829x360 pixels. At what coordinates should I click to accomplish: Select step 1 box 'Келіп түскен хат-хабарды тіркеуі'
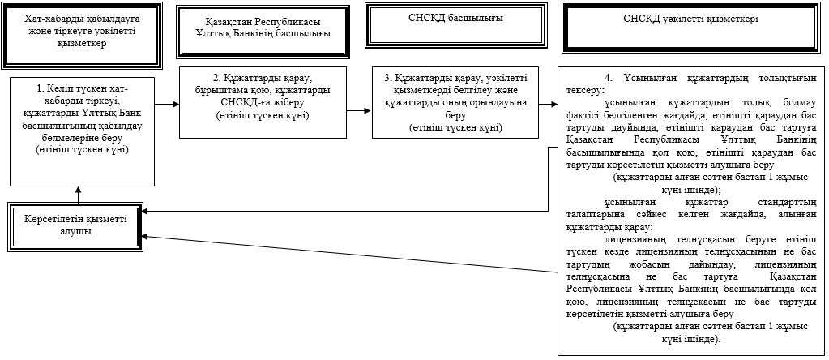tap(81, 131)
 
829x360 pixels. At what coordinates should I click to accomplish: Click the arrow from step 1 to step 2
tap(167, 104)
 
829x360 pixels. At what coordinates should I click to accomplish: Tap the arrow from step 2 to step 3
tap(360, 111)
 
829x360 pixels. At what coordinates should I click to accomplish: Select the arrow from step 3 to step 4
tap(549, 104)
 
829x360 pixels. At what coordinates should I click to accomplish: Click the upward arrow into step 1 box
tap(79, 194)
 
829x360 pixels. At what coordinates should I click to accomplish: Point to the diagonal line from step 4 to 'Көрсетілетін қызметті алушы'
tap(351, 254)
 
